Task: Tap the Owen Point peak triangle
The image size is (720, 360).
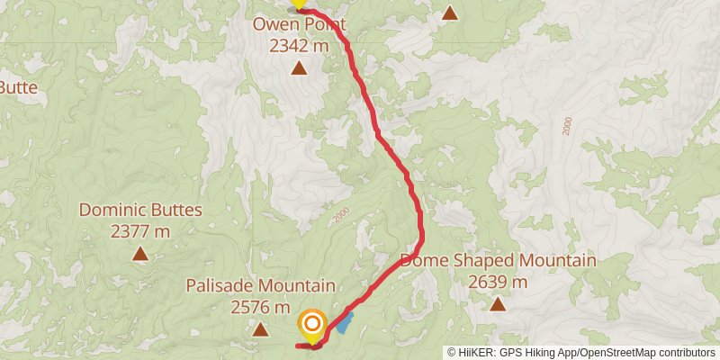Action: [x=298, y=68]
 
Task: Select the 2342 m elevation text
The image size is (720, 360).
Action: [x=298, y=43]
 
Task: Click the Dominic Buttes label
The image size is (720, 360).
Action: [x=140, y=211]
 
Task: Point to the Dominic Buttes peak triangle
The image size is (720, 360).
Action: [x=140, y=255]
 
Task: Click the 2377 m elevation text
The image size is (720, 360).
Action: [x=140, y=230]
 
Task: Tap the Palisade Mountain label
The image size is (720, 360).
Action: [x=260, y=286]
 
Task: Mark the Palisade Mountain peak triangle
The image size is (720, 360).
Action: [x=260, y=329]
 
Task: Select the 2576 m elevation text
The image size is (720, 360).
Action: [x=260, y=306]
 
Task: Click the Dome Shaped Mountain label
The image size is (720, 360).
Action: [x=498, y=261]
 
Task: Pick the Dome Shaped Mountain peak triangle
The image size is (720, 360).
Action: [x=498, y=304]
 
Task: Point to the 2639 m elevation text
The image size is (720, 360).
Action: [x=498, y=281]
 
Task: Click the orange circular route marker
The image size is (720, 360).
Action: [x=312, y=324]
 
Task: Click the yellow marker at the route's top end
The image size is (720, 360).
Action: [x=299, y=4]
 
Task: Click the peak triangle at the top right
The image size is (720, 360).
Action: [x=450, y=13]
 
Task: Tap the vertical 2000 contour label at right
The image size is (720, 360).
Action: [x=566, y=127]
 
